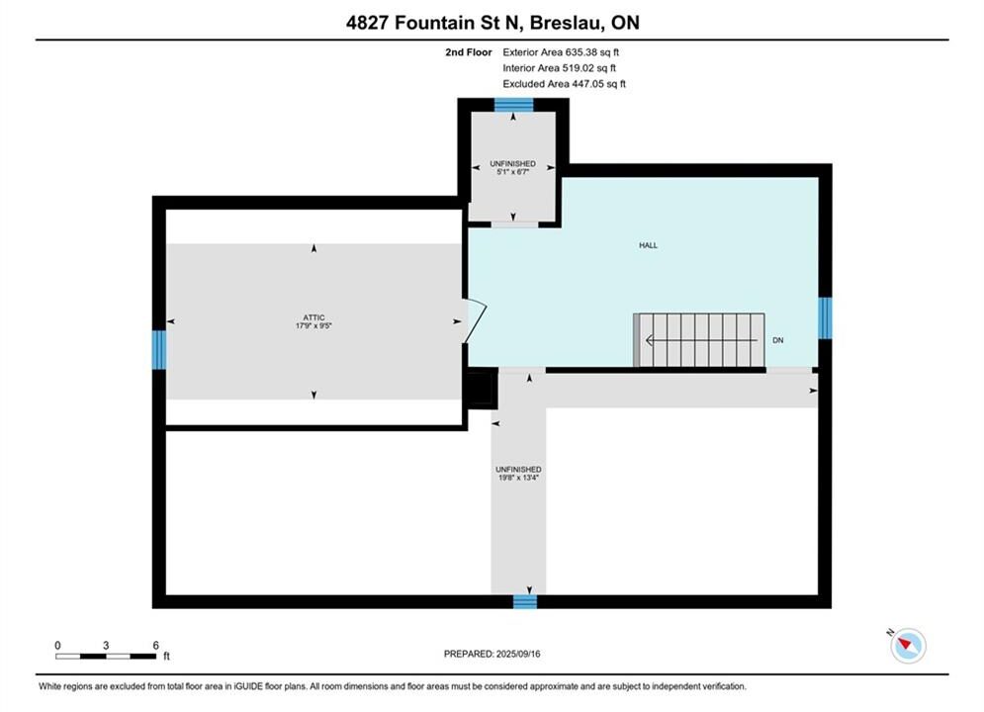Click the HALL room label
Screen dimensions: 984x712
649,245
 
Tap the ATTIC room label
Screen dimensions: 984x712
313,318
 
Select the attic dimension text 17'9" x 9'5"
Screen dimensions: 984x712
313,326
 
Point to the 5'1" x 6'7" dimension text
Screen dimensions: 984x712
512,172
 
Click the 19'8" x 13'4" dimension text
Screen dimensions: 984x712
518,478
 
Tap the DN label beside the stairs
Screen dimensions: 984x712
778,340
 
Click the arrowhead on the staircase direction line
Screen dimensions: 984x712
650,340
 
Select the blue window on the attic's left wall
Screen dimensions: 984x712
159,349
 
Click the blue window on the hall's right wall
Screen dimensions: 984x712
825,318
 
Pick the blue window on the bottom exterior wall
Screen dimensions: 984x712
525,601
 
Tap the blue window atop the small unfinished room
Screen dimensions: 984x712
514,105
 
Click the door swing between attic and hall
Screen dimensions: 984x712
477,321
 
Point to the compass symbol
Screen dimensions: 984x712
908,645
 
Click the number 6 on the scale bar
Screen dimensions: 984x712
155,645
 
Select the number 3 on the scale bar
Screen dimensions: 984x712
106,645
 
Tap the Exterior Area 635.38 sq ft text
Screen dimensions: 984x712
561,52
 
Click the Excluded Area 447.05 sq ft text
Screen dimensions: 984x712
564,83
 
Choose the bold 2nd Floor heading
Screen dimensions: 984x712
469,52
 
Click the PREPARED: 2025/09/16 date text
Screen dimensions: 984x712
492,654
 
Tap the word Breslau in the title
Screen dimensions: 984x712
568,23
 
